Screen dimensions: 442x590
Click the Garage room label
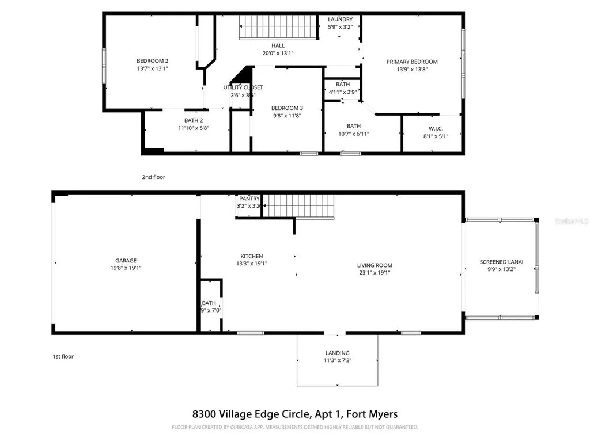[125, 260]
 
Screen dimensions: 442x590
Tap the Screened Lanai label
[501, 262]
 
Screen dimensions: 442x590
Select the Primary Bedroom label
[412, 62]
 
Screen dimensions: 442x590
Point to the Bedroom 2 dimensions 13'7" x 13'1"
[152, 68]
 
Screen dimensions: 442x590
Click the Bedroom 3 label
[287, 108]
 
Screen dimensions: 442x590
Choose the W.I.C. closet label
[436, 128]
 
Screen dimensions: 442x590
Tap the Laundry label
[340, 20]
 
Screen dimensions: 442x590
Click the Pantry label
[249, 199]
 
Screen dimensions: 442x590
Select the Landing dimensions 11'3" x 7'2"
[337, 361]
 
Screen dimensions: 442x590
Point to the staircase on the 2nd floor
[278, 27]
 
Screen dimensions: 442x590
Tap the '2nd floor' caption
[153, 177]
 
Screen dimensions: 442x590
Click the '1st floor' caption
[63, 356]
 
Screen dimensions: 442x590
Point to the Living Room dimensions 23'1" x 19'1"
[374, 273]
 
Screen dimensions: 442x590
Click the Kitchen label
[252, 256]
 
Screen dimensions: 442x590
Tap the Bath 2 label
[193, 120]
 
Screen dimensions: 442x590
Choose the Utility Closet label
[243, 87]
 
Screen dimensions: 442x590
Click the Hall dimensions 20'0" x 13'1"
[278, 54]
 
